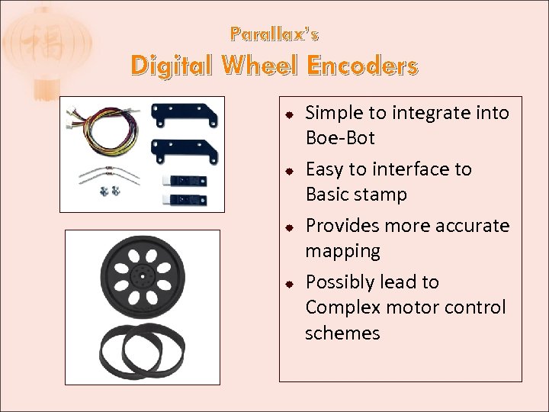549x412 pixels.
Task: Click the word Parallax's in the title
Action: point(274,35)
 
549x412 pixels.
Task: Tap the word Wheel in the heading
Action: point(261,67)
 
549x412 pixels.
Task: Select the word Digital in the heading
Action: point(173,67)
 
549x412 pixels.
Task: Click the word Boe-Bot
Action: point(340,139)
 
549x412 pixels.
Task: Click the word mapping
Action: point(342,251)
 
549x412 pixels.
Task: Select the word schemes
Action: point(342,333)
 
